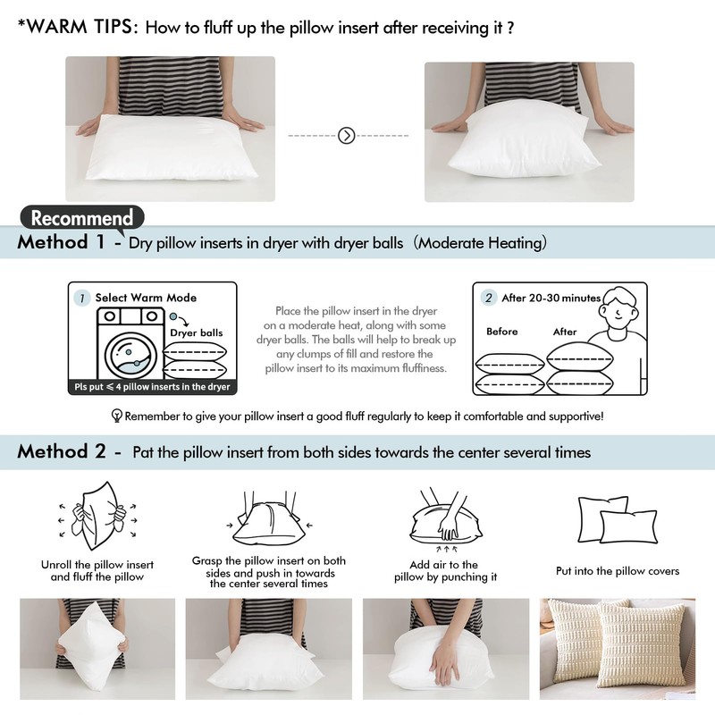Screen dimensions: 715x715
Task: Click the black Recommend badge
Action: pyautogui.click(x=82, y=217)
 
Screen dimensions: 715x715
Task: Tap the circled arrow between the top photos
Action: pyautogui.click(x=348, y=136)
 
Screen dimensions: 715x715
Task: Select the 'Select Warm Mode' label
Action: pyautogui.click(x=146, y=298)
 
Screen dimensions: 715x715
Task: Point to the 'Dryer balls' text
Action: pyautogui.click(x=197, y=332)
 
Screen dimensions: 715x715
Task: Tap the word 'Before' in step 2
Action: pyautogui.click(x=502, y=332)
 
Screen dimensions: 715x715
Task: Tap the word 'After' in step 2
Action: pyautogui.click(x=565, y=332)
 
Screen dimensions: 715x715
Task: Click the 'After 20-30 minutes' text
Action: pyautogui.click(x=551, y=298)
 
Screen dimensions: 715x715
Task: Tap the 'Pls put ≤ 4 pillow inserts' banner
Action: pyautogui.click(x=153, y=387)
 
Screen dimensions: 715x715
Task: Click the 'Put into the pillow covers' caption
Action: pyautogui.click(x=618, y=571)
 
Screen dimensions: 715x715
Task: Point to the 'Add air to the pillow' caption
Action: pyautogui.click(x=444, y=571)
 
